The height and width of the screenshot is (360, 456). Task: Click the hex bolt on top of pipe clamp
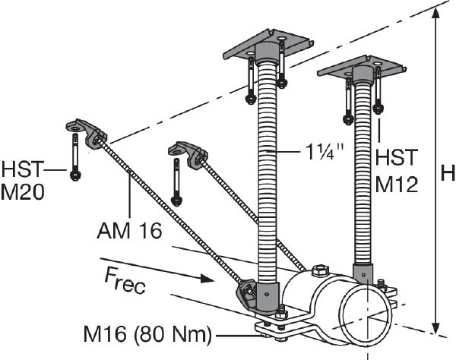coord(318,269)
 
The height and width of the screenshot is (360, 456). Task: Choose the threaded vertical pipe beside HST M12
coord(363,175)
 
